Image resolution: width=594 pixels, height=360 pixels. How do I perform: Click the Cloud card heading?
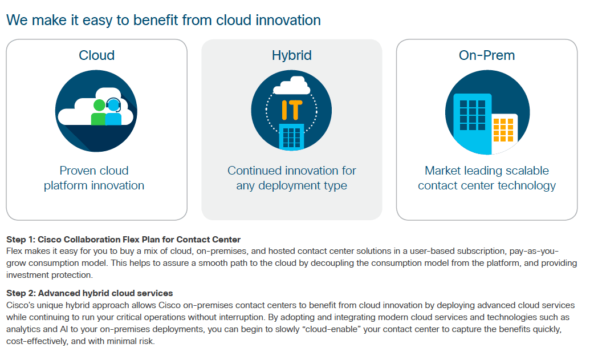[x=96, y=55]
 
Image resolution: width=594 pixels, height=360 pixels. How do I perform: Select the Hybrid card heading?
[x=292, y=56]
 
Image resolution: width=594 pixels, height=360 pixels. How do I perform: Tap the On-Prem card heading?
[x=487, y=55]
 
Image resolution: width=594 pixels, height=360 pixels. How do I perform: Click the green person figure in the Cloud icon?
[x=99, y=112]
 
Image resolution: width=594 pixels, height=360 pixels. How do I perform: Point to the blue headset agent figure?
[x=113, y=111]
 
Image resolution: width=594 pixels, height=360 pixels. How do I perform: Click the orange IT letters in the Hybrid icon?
[x=292, y=110]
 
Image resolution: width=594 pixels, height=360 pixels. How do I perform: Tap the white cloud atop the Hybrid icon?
[x=292, y=86]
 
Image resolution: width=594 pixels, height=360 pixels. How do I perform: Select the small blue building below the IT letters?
[x=292, y=136]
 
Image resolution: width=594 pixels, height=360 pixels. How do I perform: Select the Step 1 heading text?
[x=124, y=240]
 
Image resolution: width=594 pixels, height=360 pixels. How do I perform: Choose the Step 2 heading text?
[x=89, y=293]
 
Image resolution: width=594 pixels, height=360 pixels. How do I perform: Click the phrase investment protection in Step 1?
[x=49, y=275]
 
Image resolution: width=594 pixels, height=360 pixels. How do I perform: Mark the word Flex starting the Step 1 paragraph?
[x=14, y=251]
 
